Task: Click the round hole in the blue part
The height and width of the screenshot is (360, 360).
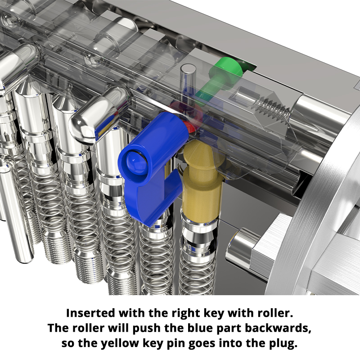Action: pos(134,160)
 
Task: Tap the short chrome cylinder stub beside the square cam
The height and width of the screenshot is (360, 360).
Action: pos(238,245)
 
